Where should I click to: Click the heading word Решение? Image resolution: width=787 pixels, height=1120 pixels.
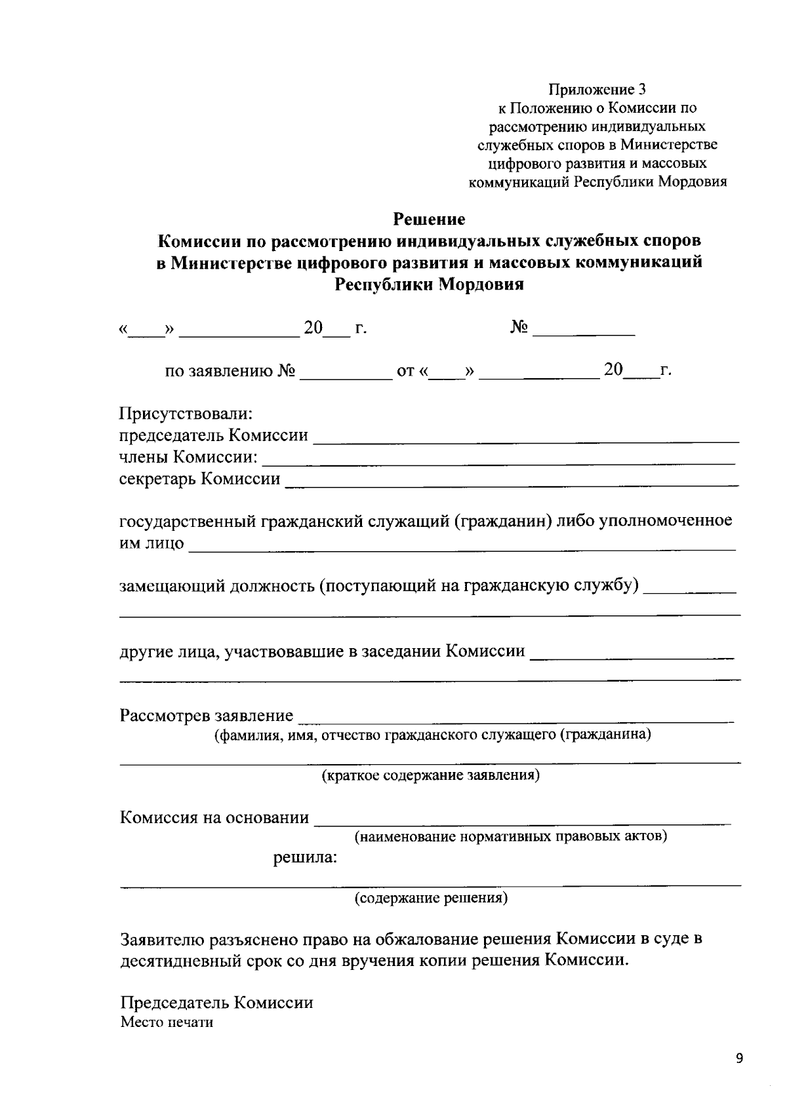pos(429,218)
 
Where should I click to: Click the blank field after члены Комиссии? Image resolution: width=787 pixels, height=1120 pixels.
pos(498,462)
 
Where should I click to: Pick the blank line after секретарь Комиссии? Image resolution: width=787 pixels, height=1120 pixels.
pos(512,484)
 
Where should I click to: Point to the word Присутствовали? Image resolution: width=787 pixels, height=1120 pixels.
pos(186,414)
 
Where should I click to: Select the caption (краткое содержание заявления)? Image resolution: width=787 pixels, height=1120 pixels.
pos(430,776)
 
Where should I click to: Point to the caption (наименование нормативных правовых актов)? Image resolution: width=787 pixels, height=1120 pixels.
pos(511,837)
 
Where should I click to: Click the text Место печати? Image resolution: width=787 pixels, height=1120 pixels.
pos(167,1022)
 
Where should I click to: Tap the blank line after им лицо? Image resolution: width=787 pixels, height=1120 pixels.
pos(462,548)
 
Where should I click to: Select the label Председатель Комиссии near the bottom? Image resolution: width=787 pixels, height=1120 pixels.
pos(216,1003)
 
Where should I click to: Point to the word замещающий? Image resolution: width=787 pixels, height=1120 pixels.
pos(172,585)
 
